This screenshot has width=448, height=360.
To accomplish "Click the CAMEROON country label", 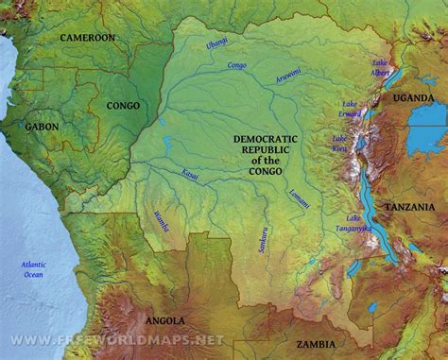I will pyautogui.click(x=87, y=37).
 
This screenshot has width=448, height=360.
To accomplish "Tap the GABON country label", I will pyautogui.click(x=43, y=126).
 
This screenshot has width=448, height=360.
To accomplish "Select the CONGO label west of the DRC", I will pyautogui.click(x=124, y=106).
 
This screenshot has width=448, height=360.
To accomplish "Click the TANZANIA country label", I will pyautogui.click(x=410, y=207).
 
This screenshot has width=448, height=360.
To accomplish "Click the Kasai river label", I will pyautogui.click(x=190, y=175).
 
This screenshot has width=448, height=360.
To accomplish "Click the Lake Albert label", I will pyautogui.click(x=381, y=64).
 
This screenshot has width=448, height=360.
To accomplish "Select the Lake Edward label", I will pyautogui.click(x=352, y=109).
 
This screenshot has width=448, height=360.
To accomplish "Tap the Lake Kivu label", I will pyautogui.click(x=339, y=143).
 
